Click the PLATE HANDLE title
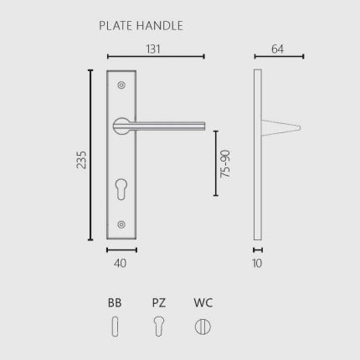tap(141, 26)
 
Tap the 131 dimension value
tap(153, 49)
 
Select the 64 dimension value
tap(277, 49)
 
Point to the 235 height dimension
tap(81, 160)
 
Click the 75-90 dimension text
tap(225, 164)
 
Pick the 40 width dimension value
tap(120, 263)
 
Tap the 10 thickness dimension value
tap(257, 263)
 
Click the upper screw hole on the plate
tap(121, 85)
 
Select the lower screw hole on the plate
tap(121, 224)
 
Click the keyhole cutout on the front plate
tap(121, 189)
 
